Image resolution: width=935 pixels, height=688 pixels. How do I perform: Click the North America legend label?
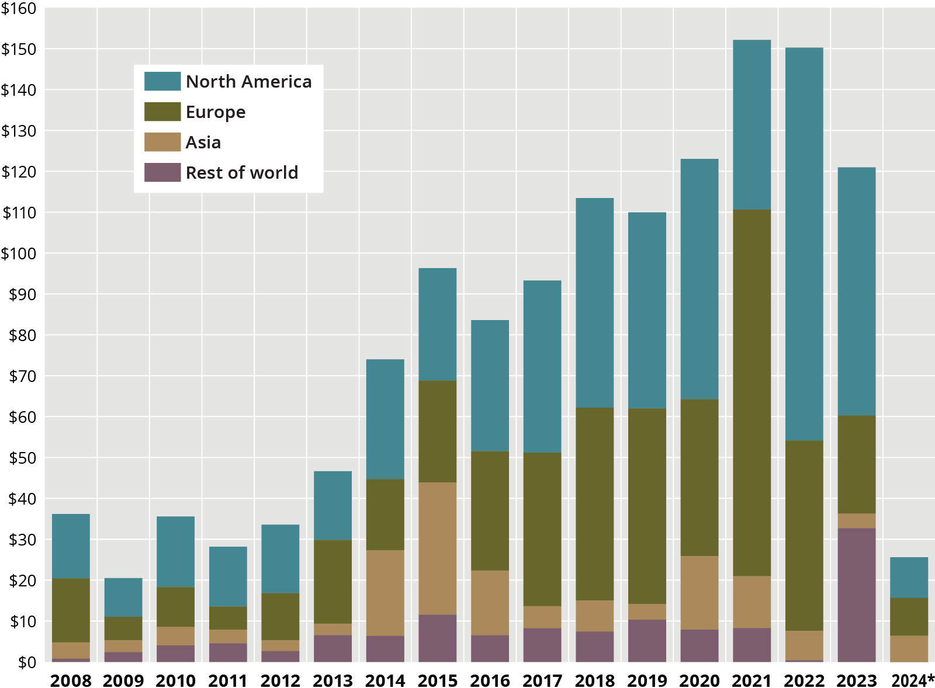coord(248,82)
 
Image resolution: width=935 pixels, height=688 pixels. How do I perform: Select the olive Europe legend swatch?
coord(162,112)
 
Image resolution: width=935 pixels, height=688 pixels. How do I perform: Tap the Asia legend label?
coord(203,143)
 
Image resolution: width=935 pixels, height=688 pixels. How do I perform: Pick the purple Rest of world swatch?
coord(162,172)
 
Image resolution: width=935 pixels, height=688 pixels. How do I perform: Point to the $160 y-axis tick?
coord(19,9)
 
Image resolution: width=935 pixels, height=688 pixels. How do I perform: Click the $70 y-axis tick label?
coord(22,376)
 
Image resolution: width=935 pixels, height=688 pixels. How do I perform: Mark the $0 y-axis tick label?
coord(26,662)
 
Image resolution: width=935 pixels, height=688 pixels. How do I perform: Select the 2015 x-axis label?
coord(438,680)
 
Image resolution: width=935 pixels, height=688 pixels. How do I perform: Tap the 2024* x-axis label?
coord(912,680)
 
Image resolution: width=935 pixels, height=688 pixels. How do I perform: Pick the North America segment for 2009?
coord(123,597)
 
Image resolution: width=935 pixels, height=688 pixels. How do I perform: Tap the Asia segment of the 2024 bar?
coord(909,648)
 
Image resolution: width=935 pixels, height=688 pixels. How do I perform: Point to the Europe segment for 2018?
coord(594,503)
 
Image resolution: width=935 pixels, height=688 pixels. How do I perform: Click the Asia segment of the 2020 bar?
coord(699,592)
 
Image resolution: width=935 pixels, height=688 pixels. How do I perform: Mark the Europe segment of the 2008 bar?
coord(71,610)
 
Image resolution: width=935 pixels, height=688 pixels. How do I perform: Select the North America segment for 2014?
coord(385,419)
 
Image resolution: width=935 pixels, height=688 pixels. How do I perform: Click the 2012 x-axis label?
coord(280,680)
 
